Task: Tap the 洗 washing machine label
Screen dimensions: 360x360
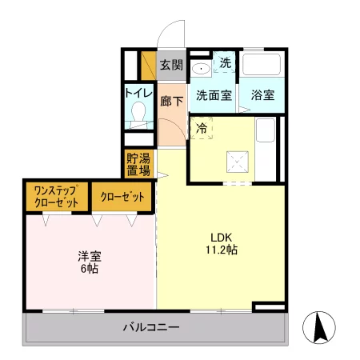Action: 225,62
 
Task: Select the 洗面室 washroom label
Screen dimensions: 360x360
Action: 214,94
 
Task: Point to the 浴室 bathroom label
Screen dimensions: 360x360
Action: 262,94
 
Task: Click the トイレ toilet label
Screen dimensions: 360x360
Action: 138,93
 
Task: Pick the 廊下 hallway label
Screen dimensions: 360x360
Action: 170,102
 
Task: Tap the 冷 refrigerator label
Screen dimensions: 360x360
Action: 201,128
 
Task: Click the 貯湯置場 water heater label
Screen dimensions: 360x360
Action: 138,164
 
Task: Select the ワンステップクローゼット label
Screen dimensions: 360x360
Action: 56,197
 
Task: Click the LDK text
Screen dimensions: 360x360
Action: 222,237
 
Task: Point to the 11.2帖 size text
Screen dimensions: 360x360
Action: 222,250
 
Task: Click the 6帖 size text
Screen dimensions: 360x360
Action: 88,270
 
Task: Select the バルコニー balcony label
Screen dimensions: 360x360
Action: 150,326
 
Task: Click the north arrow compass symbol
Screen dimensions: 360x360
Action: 319,326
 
